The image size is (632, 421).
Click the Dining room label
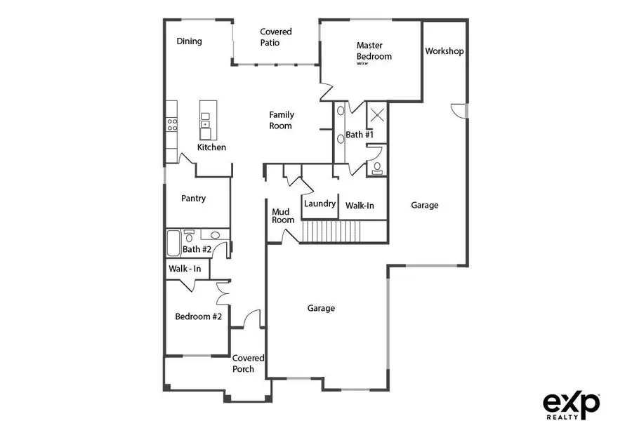(189, 41)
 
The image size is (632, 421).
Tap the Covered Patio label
(275, 37)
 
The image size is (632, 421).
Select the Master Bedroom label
(374, 51)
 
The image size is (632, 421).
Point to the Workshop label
(444, 51)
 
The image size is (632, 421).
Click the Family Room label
(281, 120)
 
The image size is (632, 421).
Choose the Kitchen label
(211, 147)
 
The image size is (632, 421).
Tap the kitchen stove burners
(171, 124)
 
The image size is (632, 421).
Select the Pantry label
(193, 199)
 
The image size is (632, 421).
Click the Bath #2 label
(196, 249)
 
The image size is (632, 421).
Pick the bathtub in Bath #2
(173, 246)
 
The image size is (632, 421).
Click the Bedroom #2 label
(198, 316)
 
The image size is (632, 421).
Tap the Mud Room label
(283, 215)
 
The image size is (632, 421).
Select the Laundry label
(320, 204)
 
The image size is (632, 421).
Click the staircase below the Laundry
(329, 231)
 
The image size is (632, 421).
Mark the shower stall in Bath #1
(376, 113)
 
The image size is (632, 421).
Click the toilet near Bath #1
(378, 167)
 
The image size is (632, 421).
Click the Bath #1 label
(359, 134)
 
